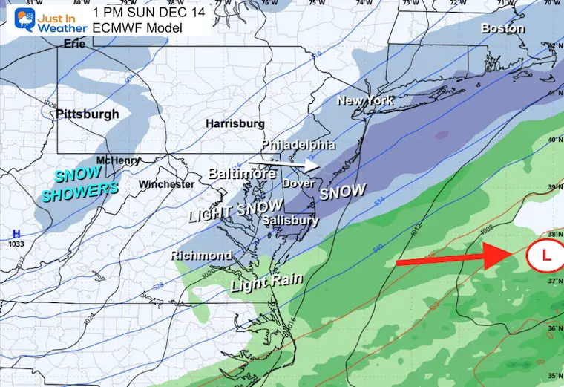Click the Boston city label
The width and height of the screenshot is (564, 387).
click(x=502, y=29)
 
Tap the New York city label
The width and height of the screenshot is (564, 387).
click(x=365, y=100)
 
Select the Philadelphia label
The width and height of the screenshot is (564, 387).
click(x=298, y=144)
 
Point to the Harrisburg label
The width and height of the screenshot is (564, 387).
click(x=235, y=123)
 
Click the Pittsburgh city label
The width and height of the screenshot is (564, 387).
click(x=87, y=114)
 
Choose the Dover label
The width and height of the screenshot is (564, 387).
click(x=297, y=183)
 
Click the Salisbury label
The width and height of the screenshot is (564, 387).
click(x=291, y=221)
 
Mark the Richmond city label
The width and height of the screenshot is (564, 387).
click(x=201, y=256)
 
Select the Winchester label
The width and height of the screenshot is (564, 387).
click(x=166, y=184)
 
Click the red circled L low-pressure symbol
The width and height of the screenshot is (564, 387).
click(x=545, y=256)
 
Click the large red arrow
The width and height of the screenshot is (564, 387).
click(x=453, y=259)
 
